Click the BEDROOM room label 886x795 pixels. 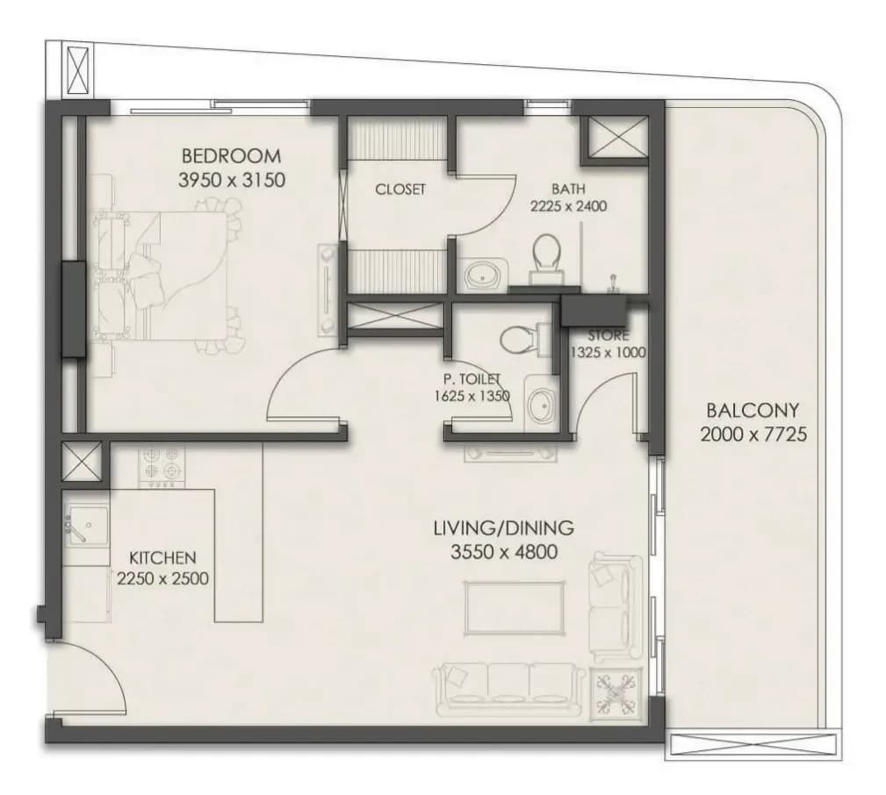(x=231, y=155)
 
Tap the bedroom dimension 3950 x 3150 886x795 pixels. (x=231, y=180)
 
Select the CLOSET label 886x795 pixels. (x=400, y=190)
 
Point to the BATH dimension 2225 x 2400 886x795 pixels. (x=568, y=206)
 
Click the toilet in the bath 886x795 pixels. (x=546, y=258)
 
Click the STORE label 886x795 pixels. (x=608, y=336)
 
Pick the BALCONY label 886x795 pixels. (x=753, y=410)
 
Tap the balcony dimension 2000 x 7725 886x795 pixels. (x=753, y=434)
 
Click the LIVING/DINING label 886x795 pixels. (x=503, y=528)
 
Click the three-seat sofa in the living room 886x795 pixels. (x=508, y=690)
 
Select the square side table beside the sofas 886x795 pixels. (x=616, y=691)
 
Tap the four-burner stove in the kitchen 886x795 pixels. (x=162, y=467)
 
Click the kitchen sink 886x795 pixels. (x=86, y=526)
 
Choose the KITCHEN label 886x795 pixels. (x=162, y=558)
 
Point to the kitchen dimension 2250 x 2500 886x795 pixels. (x=162, y=579)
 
